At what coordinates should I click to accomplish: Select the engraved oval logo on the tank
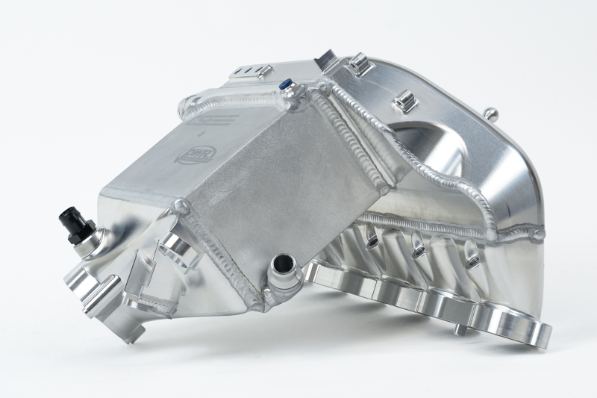pyautogui.click(x=188, y=155)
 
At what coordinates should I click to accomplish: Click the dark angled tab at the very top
pyautogui.click(x=326, y=57)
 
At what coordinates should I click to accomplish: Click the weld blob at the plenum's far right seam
pyautogui.click(x=537, y=234)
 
